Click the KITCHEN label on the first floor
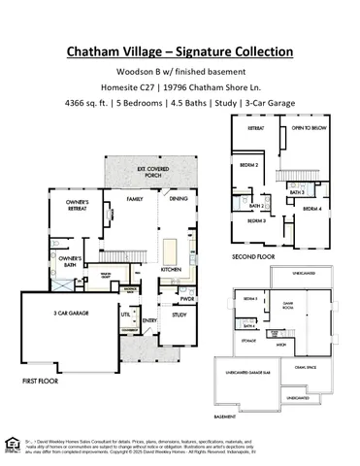(171, 269)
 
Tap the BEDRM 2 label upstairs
(249, 165)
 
